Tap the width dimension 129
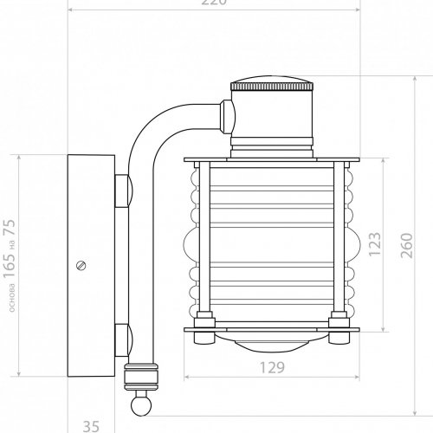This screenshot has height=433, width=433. click(x=272, y=368)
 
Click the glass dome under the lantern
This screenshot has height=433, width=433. click(x=272, y=343)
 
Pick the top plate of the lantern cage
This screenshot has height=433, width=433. click(x=272, y=159)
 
